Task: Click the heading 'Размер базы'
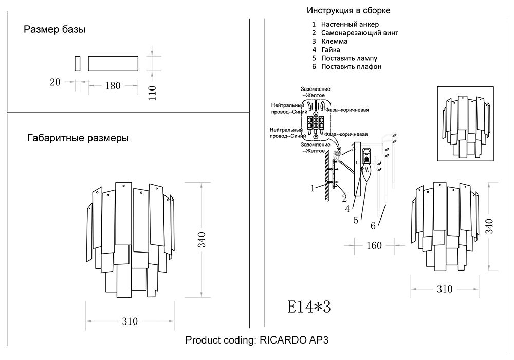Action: (x=54, y=30)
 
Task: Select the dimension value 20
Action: (x=56, y=82)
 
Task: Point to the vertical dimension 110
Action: (x=152, y=93)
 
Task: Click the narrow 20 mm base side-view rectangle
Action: (x=78, y=63)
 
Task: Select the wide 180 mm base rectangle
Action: (x=113, y=63)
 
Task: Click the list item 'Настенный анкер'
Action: (x=350, y=24)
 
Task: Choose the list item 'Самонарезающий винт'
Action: (x=359, y=33)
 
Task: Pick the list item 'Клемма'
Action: (x=334, y=41)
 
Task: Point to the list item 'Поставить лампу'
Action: (x=349, y=58)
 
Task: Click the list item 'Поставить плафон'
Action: (x=351, y=67)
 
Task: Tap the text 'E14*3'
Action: (x=308, y=307)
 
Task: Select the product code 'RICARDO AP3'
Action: (x=298, y=340)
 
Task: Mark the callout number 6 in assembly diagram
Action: (x=374, y=225)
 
